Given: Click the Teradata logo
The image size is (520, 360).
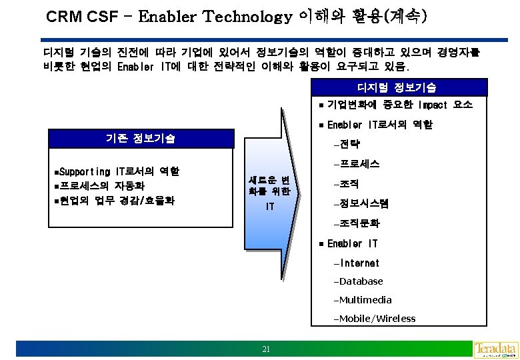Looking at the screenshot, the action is coord(495,349).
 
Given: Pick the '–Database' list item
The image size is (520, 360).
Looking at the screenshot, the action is coord(361,281).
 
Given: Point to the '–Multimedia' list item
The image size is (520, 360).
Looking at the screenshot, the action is coord(365,300).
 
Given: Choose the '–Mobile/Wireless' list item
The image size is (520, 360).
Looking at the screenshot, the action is coord(377,318).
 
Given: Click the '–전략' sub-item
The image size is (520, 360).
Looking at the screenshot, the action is coord(349,143).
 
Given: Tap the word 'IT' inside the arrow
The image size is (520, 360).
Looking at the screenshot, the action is coord(269,207).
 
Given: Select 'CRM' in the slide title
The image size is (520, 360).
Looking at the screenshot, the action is coord(63,16).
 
